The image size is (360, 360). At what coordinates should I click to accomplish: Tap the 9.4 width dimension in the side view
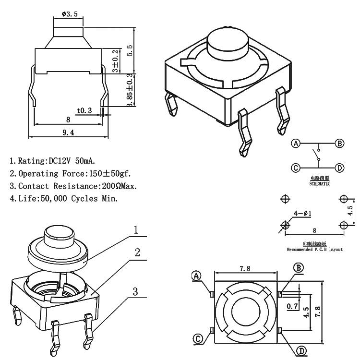[x=68, y=133]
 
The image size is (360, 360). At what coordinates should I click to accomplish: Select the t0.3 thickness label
[x=84, y=110]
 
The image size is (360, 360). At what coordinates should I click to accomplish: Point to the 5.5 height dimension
[x=129, y=49]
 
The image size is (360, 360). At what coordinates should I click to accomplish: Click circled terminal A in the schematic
[x=296, y=144]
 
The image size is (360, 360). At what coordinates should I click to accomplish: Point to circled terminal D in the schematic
[x=340, y=168]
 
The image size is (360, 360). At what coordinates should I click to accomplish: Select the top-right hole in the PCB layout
[x=343, y=199]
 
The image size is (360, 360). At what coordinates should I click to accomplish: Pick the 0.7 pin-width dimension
[x=291, y=305]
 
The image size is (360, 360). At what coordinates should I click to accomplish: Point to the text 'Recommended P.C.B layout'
[x=314, y=250]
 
